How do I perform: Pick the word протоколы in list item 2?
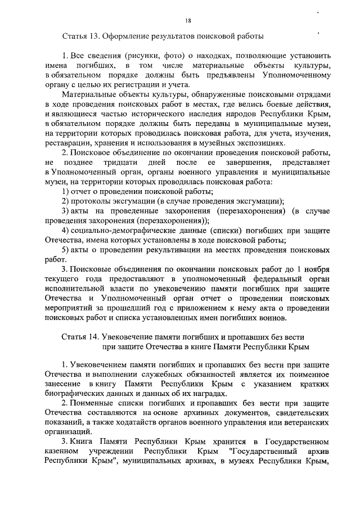(91, 202)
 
